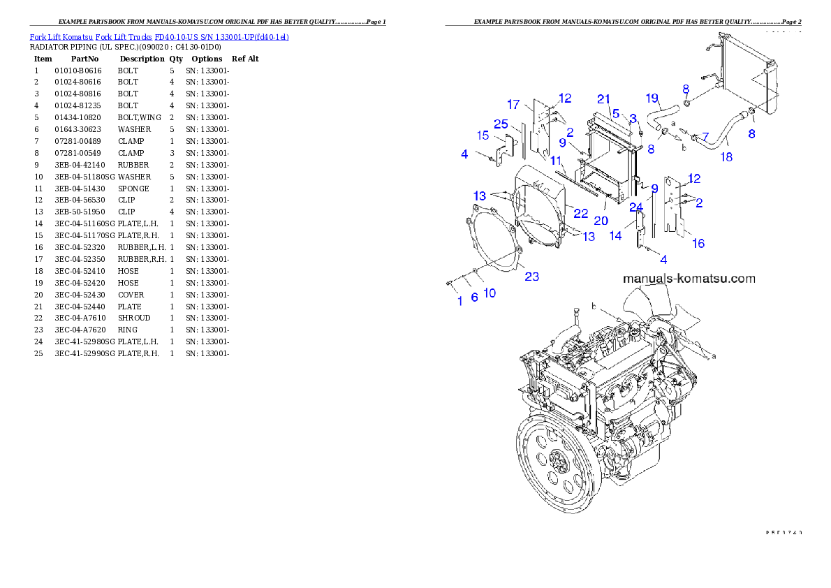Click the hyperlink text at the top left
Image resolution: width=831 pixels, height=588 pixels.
[159, 36]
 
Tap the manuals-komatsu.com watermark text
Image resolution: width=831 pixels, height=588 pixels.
[689, 278]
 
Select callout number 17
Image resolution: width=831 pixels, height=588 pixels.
[513, 105]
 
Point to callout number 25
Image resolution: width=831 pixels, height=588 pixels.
[501, 124]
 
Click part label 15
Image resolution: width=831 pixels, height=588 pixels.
[483, 135]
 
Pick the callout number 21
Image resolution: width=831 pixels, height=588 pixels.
[604, 98]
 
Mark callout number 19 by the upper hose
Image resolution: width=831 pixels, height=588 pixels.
[652, 97]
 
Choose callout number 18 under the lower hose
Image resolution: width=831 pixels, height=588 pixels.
[726, 157]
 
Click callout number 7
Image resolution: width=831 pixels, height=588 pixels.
[705, 136]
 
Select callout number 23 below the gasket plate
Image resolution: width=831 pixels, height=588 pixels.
[532, 277]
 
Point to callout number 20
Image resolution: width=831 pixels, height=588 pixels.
[601, 221]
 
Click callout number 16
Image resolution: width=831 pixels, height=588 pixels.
[698, 243]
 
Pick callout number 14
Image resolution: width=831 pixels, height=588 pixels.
[615, 236]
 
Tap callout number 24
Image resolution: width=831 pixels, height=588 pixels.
[635, 207]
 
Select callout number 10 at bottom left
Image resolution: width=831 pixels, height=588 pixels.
[490, 293]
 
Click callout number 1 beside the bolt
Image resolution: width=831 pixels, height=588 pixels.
[459, 301]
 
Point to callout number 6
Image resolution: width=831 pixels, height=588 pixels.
[474, 297]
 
